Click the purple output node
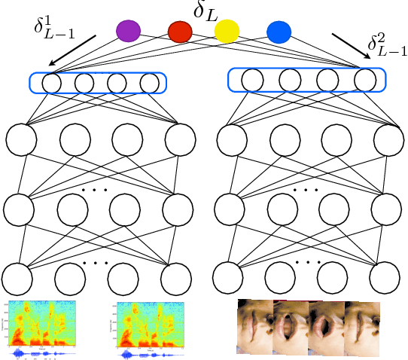click(129, 31)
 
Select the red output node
click(180, 32)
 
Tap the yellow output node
click(226, 32)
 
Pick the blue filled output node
click(279, 31)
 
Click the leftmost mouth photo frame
click(255, 325)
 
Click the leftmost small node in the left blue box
click(51, 82)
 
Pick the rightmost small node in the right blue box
click(365, 79)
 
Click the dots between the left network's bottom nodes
click(96, 263)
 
